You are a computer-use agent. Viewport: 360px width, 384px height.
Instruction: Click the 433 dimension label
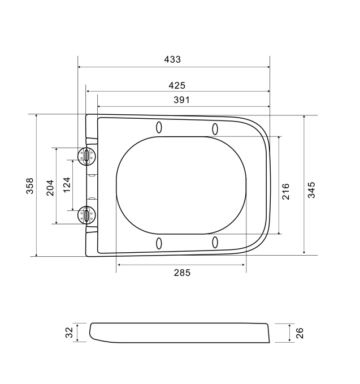pos(172,59)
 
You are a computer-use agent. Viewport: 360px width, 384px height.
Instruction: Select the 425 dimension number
pos(177,85)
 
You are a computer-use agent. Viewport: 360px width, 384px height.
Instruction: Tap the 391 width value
pos(181,100)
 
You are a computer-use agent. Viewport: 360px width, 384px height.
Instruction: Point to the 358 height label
pos(29,186)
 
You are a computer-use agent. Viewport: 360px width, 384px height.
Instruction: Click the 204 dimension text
pos(50,188)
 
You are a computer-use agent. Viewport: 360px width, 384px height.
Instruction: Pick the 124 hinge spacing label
pos(67,185)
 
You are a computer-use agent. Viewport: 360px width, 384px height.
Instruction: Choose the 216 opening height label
pos(285,192)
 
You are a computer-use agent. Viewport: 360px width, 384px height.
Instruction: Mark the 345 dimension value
pos(311,190)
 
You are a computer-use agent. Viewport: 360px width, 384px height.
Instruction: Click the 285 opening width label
pos(182,273)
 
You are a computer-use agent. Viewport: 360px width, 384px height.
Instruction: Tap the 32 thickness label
pos(70,333)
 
